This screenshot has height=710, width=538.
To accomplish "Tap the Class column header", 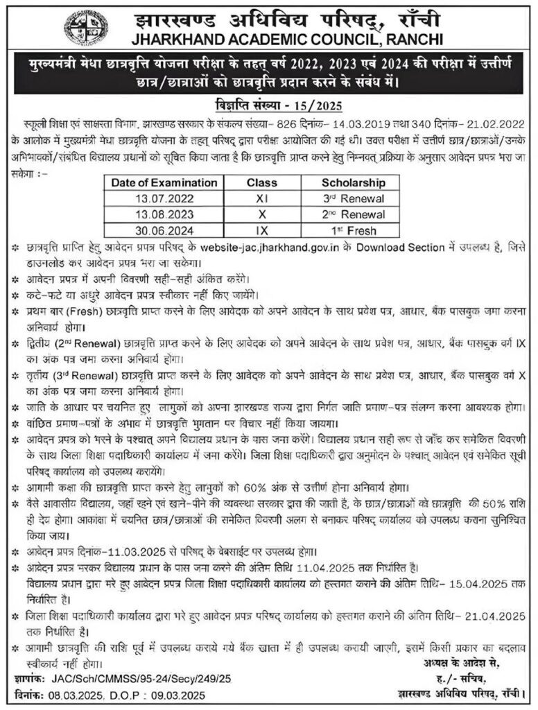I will pos(262,183).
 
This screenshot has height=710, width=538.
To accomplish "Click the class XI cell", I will pos(262,198).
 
